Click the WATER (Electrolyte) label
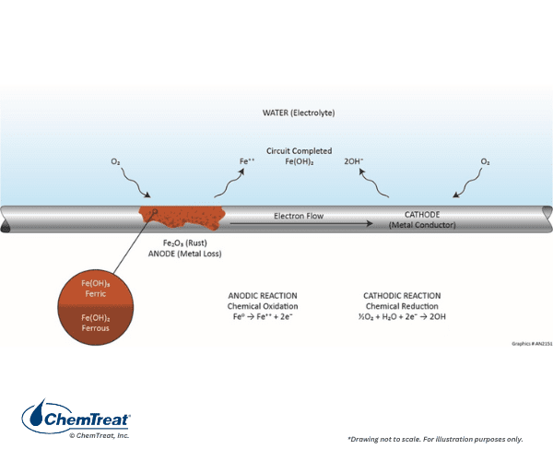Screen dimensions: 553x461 [x=299, y=112]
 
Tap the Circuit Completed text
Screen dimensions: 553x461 [x=299, y=151]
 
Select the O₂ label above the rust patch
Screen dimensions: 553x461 [x=116, y=162]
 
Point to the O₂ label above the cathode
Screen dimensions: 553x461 [x=486, y=162]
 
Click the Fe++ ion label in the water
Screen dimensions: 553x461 [x=247, y=161]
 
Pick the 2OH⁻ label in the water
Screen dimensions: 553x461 [x=353, y=161]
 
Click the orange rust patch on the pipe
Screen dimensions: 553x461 [x=182, y=218]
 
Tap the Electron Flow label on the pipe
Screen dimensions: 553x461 [x=299, y=216]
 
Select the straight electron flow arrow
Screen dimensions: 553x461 [x=301, y=224]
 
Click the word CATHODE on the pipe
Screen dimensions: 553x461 [x=422, y=215]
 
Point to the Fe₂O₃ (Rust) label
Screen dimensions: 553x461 [x=185, y=243]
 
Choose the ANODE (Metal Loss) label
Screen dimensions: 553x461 [x=185, y=254]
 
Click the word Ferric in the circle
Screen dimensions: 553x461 [x=96, y=294]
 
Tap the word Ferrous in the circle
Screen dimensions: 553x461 [x=96, y=328]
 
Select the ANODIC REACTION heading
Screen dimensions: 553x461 [x=263, y=296]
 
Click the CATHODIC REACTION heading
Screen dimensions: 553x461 [x=402, y=296]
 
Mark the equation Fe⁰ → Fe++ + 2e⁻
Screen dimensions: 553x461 [x=263, y=316]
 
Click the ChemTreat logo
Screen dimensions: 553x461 [x=76, y=418]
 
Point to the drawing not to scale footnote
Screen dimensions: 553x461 [x=435, y=439]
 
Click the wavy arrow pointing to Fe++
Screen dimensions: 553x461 [x=229, y=183]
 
